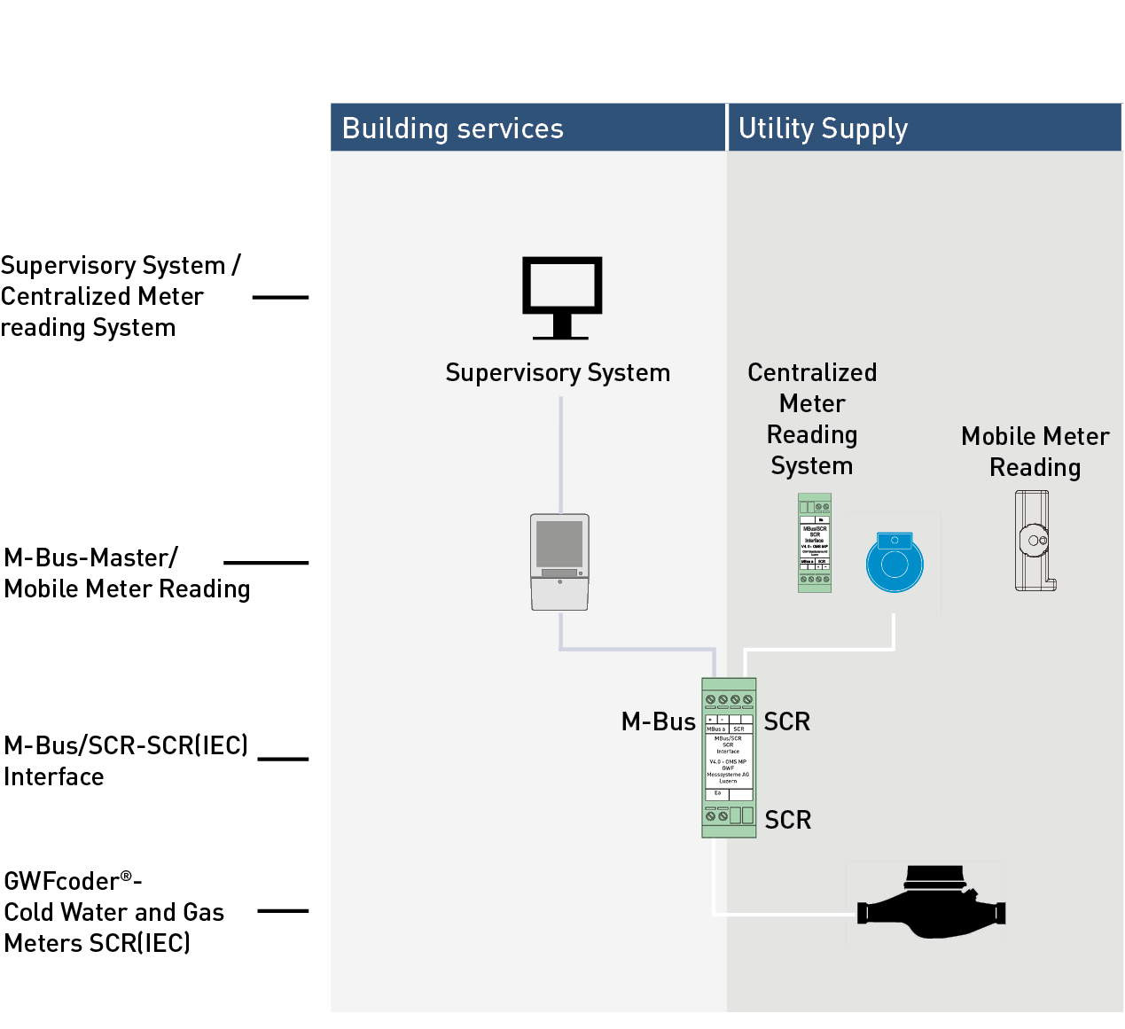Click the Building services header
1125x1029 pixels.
coord(452,129)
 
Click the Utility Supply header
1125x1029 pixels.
coord(823,129)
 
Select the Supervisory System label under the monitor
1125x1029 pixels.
coord(558,373)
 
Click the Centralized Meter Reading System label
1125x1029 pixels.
coord(812,419)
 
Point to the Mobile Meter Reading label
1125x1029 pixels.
coord(1035,452)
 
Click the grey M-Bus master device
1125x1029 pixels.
coord(559,562)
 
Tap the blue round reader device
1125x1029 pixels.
coord(895,563)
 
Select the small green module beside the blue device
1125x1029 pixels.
coord(815,542)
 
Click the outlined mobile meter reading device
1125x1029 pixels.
coord(1034,541)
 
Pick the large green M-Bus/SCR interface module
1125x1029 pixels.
coord(729,758)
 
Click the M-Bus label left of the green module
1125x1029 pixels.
coord(659,721)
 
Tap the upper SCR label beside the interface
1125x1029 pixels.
coord(787,721)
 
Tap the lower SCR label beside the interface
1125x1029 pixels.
coord(788,820)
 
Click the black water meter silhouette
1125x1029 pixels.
coord(931,904)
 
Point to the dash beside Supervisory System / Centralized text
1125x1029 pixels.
coord(280,298)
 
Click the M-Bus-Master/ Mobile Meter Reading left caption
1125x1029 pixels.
coord(127,573)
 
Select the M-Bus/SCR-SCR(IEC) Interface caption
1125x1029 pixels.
coord(125,760)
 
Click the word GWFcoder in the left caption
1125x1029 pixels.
coord(61,881)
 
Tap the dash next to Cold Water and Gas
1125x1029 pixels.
coord(283,910)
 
